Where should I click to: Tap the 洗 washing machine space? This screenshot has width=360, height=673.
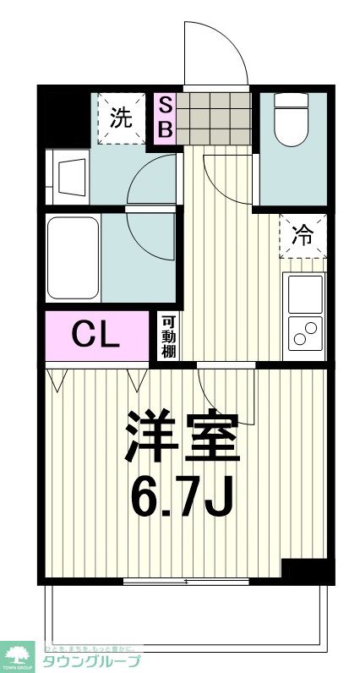pos(121,118)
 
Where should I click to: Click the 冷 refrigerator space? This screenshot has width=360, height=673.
pos(303,236)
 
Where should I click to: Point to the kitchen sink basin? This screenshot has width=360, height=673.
pos(305,293)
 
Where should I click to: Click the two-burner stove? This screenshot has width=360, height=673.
pos(305,332)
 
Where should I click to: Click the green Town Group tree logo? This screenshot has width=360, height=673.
pos(18,654)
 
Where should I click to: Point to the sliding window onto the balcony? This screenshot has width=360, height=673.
pos(186,581)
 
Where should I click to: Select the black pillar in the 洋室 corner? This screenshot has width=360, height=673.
pos(305,571)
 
